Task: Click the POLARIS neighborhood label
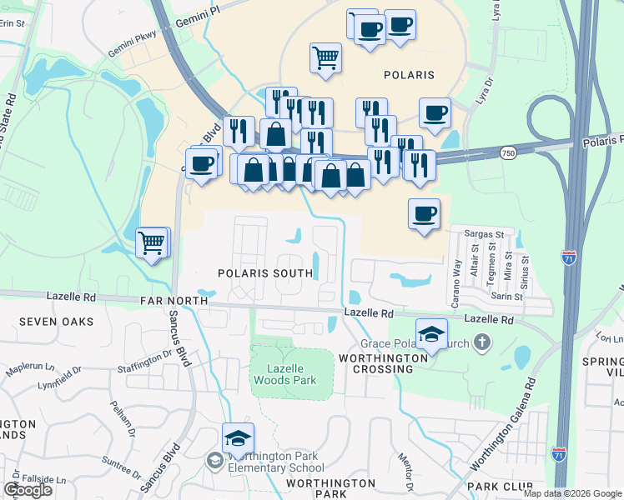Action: point(409,75)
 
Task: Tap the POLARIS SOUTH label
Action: point(264,273)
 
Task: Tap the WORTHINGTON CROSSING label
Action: point(384,364)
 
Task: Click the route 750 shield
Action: point(508,152)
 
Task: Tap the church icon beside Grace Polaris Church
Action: point(481,342)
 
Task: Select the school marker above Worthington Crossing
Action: point(431,335)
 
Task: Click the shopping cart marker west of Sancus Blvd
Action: point(152,242)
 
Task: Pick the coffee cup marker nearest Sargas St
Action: point(425,214)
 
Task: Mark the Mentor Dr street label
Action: point(407,476)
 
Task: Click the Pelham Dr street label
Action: point(122,416)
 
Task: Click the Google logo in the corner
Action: point(28,490)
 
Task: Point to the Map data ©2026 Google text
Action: point(572,493)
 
